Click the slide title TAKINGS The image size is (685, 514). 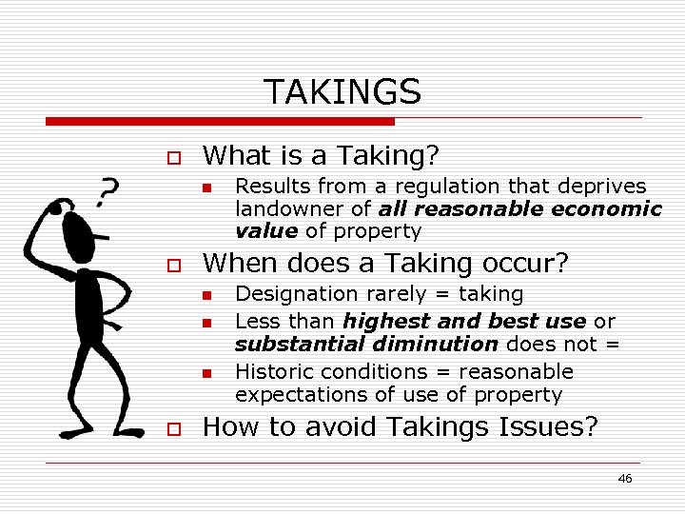(342, 92)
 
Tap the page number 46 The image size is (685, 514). (624, 478)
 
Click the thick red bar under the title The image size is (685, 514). (220, 122)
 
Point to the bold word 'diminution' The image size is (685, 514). (446, 345)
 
